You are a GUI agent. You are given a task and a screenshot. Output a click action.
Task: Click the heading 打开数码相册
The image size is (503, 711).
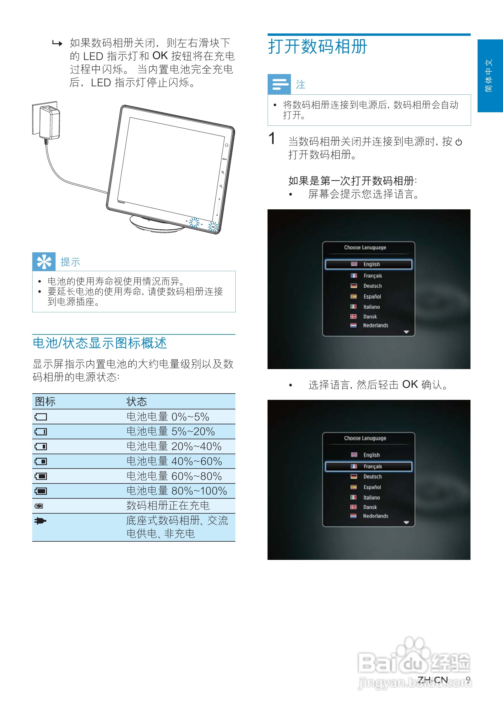(x=318, y=47)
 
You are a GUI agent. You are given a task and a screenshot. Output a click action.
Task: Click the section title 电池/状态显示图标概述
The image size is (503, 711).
(x=100, y=343)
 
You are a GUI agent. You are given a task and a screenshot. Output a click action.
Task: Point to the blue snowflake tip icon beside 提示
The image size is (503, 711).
(x=44, y=262)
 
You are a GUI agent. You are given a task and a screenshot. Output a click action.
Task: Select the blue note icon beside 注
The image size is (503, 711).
(x=279, y=84)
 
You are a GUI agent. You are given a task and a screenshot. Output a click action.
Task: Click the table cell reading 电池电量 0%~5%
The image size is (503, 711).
(x=168, y=417)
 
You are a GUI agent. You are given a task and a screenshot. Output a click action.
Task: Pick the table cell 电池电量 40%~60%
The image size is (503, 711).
(x=174, y=461)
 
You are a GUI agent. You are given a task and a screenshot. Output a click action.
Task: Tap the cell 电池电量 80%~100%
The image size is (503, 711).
(x=177, y=491)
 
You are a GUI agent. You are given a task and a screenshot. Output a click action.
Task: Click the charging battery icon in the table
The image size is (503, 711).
(x=39, y=506)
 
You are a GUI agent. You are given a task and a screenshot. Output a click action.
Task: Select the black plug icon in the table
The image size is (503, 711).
(x=40, y=521)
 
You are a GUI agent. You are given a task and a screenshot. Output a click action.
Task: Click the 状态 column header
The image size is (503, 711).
(x=137, y=402)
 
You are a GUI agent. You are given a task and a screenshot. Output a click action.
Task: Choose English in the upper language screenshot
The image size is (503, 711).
(x=371, y=265)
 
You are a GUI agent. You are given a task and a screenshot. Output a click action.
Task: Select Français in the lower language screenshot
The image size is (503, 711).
(x=372, y=467)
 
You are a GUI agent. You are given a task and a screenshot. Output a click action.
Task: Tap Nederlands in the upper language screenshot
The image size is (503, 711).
(x=375, y=325)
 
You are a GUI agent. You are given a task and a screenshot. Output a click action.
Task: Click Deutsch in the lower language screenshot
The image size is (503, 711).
(x=372, y=477)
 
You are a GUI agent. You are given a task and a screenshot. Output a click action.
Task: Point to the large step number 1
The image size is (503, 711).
(x=272, y=139)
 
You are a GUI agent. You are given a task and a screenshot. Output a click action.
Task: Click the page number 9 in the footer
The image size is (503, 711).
(x=468, y=680)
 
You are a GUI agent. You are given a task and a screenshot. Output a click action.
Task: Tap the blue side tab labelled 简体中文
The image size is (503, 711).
(x=490, y=76)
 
